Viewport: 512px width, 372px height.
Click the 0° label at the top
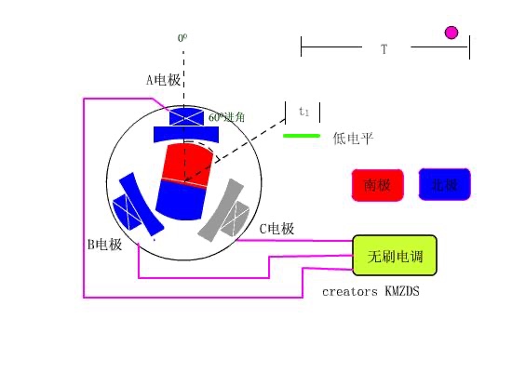click(x=183, y=39)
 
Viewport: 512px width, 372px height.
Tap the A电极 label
click(x=163, y=80)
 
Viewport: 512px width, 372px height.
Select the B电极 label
click(x=104, y=245)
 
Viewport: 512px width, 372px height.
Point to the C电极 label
click(x=276, y=229)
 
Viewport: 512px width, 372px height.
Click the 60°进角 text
click(x=227, y=117)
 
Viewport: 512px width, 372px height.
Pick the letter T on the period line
click(x=384, y=47)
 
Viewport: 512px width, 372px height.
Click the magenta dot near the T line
click(x=451, y=33)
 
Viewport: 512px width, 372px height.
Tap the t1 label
click(x=303, y=112)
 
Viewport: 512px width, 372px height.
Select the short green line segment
click(x=301, y=136)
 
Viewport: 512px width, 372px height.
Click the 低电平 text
click(x=353, y=139)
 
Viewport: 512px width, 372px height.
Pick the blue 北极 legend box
click(x=445, y=184)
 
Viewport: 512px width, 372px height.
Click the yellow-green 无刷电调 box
click(x=395, y=256)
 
